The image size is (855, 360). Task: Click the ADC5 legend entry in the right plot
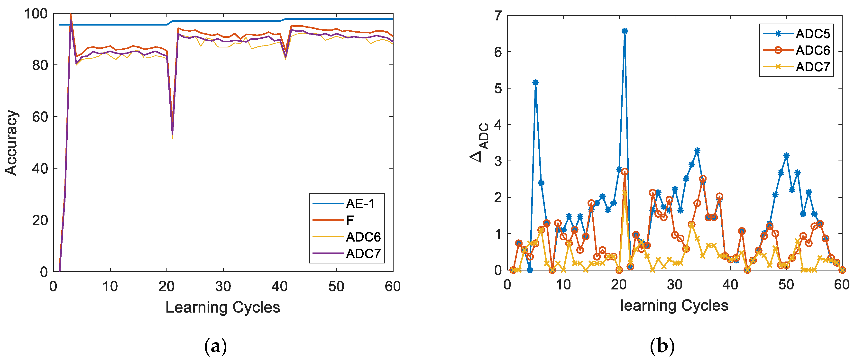pos(812,34)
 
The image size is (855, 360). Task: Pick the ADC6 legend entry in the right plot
pos(812,50)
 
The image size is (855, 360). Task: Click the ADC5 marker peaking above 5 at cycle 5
pos(535,82)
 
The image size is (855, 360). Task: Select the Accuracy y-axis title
pos(11,143)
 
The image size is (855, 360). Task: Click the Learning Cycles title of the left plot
pos(223,307)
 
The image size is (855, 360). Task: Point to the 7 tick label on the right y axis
pos(498,16)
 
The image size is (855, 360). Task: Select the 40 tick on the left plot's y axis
pos(40,169)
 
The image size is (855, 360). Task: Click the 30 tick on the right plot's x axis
pos(674,285)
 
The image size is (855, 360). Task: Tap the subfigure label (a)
pos(216,347)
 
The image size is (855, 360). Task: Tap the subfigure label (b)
pos(662,347)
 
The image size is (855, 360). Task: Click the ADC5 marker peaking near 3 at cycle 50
pos(786,156)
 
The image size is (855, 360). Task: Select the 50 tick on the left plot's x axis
pos(336,286)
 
